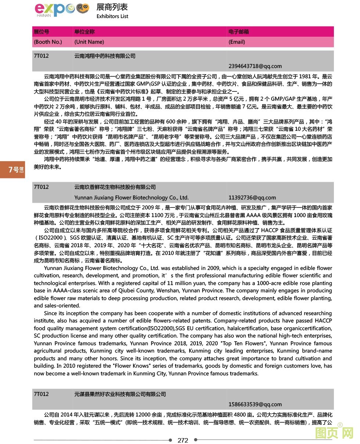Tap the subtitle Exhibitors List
tap(112, 16)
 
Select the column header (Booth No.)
tap(48, 42)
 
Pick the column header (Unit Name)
tap(89, 42)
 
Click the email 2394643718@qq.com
tap(255, 66)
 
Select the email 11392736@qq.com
tap(252, 198)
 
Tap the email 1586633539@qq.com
tap(255, 404)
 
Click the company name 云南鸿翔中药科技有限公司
tap(105, 56)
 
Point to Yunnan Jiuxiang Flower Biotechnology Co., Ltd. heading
tap(131, 198)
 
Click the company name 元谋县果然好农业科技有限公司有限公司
tap(120, 394)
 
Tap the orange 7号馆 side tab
tap(12, 169)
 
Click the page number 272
tap(183, 440)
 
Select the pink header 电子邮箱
tap(238, 32)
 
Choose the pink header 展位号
tap(41, 32)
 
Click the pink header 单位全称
tap(84, 32)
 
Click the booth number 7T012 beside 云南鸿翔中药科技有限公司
tap(41, 56)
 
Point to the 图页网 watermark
tap(334, 434)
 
